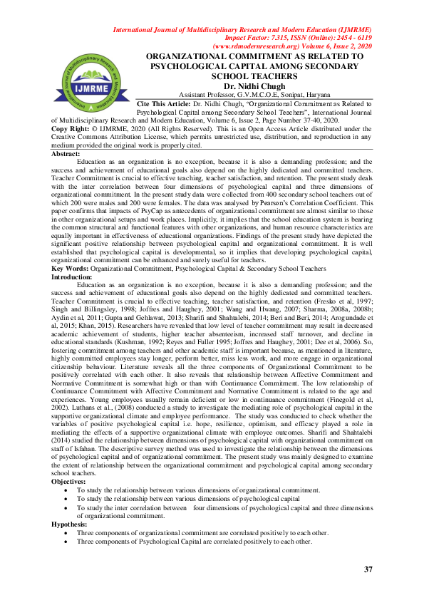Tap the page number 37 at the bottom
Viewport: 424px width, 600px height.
[x=368, y=569]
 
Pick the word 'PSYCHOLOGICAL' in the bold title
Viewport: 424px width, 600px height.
[x=193, y=65]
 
